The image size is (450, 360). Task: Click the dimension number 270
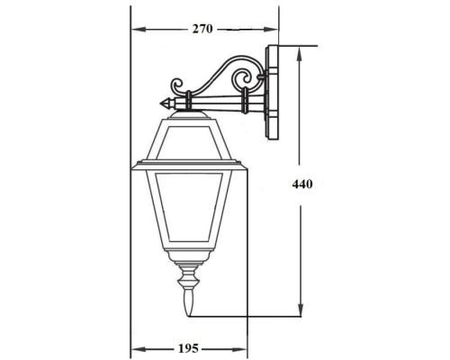tap(202, 29)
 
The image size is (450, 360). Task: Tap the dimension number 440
tap(302, 184)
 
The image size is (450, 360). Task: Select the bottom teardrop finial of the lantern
tap(189, 304)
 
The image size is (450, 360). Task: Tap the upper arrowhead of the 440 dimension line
tap(301, 50)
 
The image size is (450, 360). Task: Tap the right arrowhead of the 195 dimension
tap(242, 347)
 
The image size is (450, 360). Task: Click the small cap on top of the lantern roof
tap(189, 109)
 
